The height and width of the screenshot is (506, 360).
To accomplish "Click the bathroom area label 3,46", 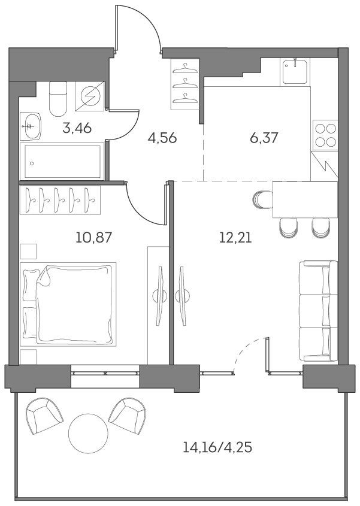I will pyautogui.click(x=77, y=128).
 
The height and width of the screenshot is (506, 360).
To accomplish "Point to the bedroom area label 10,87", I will pyautogui.click(x=94, y=237).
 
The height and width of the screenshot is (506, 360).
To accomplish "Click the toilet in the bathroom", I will pyautogui.click(x=58, y=99).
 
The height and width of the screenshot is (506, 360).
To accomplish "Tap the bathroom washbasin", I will pyautogui.click(x=30, y=126).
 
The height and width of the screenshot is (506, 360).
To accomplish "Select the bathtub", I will pyautogui.click(x=62, y=161).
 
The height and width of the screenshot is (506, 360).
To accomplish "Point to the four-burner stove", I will pyautogui.click(x=325, y=135).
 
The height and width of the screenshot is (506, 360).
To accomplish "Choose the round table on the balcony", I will pyautogui.click(x=88, y=433).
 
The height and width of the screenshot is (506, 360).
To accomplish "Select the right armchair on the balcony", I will pyautogui.click(x=127, y=416).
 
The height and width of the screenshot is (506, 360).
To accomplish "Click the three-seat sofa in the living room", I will pyautogui.click(x=316, y=310).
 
